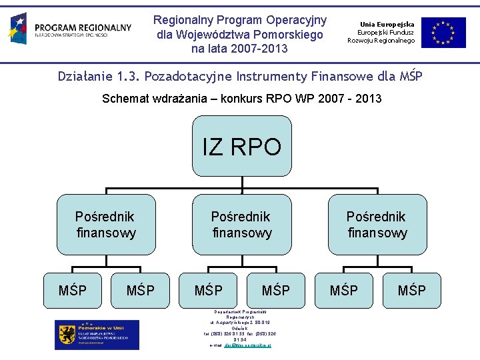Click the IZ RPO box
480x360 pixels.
242,147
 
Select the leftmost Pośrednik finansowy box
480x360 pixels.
106,225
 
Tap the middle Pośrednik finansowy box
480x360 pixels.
242,225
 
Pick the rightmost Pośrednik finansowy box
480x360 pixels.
377,225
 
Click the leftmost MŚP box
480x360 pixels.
72,291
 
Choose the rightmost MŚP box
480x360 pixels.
411,291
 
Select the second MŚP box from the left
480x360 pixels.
140,291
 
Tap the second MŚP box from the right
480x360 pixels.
343,291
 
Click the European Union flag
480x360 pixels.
443,32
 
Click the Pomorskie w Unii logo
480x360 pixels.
97,334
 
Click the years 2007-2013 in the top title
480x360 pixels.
257,49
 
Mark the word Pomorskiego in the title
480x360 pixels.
292,34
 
